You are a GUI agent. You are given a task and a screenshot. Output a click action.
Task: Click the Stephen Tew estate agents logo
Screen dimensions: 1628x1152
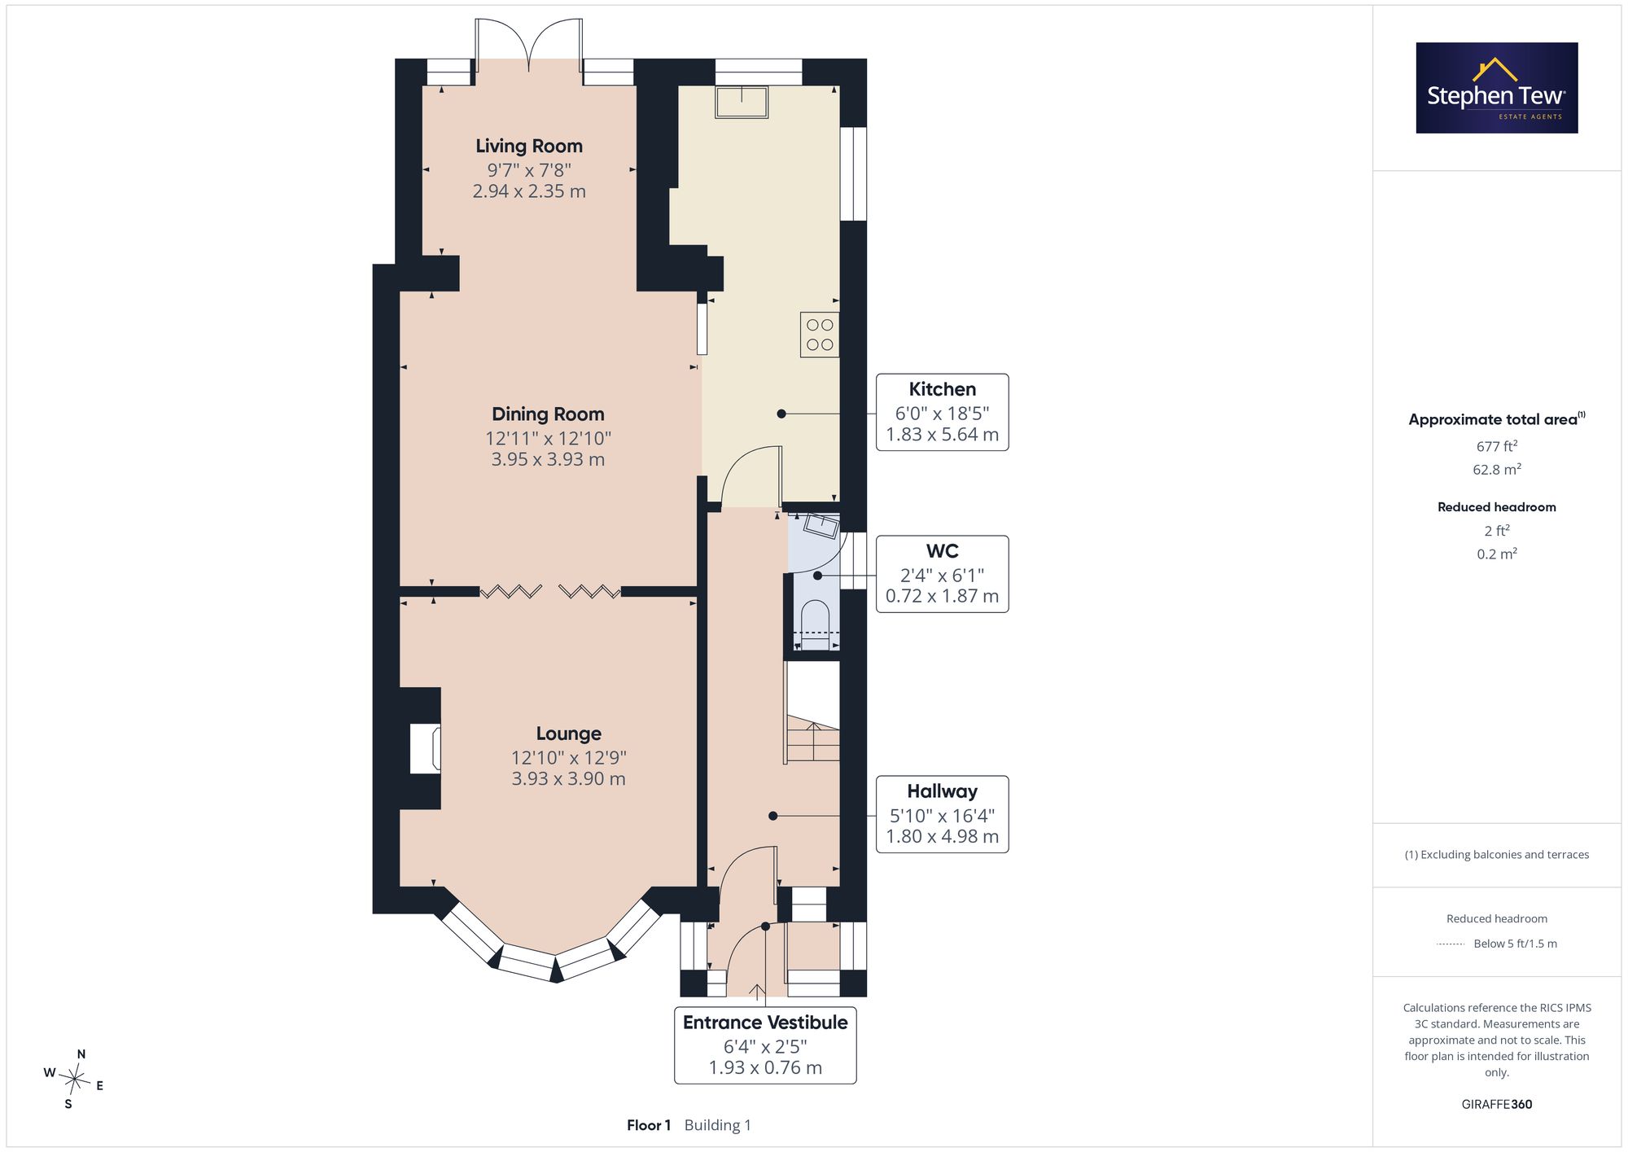1497,88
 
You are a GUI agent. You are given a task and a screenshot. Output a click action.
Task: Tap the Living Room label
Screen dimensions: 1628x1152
529,147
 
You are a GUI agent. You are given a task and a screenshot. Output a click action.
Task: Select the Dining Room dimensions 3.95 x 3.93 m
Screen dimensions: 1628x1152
548,459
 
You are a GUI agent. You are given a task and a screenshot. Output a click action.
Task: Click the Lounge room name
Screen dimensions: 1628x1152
568,734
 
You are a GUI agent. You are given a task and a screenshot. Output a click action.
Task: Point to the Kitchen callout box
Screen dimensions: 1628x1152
942,412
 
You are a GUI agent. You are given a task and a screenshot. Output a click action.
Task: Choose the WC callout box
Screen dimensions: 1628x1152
942,574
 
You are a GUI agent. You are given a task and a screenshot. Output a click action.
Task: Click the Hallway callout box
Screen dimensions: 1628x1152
942,814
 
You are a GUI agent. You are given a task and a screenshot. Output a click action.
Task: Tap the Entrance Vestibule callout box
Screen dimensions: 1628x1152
765,1045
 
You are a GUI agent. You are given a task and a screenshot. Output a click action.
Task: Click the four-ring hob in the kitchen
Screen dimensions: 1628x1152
820,335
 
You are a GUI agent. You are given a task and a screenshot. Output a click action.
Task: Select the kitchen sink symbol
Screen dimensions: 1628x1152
742,102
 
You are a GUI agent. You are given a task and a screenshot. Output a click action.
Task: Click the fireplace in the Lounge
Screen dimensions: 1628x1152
425,748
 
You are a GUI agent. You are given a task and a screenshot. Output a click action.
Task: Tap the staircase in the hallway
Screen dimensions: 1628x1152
812,713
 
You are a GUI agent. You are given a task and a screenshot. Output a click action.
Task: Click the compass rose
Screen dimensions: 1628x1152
75,1080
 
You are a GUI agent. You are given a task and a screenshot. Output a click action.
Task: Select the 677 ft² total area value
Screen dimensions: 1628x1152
1497,446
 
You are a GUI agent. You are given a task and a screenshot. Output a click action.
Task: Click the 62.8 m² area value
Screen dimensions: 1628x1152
1497,470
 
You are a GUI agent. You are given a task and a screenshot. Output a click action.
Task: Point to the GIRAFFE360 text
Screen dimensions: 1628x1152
1497,1105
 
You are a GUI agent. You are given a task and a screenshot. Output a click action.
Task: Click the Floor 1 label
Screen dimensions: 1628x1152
649,1125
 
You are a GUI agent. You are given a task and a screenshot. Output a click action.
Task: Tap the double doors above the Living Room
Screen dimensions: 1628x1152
529,45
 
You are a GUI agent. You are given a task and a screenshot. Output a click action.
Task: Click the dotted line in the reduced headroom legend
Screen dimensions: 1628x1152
1451,944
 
